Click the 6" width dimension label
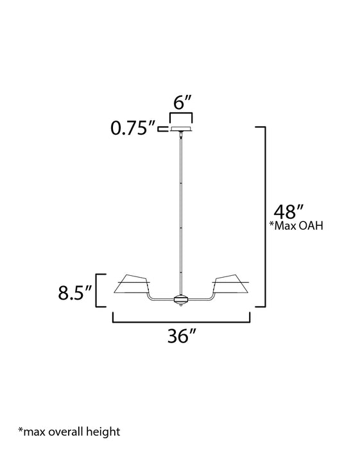click(x=181, y=102)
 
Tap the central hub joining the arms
click(x=182, y=299)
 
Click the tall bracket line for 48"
click(x=264, y=218)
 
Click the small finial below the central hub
click(x=182, y=305)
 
